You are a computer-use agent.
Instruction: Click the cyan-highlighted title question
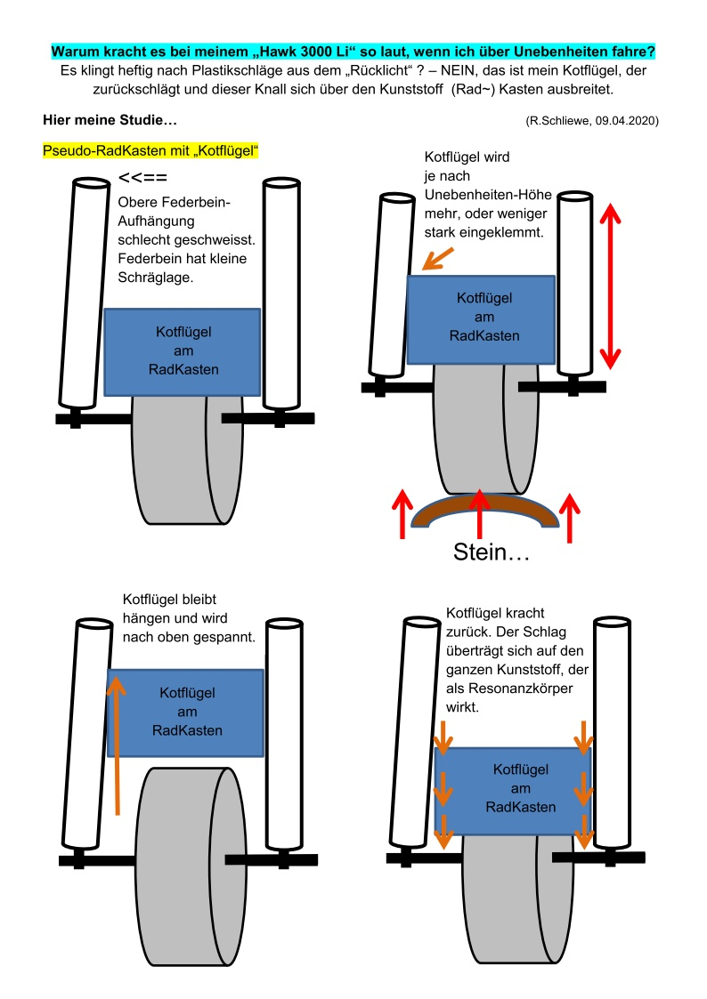click(353, 51)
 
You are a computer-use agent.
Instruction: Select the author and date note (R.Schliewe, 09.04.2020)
click(592, 120)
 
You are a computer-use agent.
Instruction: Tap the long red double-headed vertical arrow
click(610, 286)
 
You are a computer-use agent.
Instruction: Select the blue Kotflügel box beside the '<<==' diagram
click(182, 351)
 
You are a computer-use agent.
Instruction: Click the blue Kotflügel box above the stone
click(480, 318)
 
